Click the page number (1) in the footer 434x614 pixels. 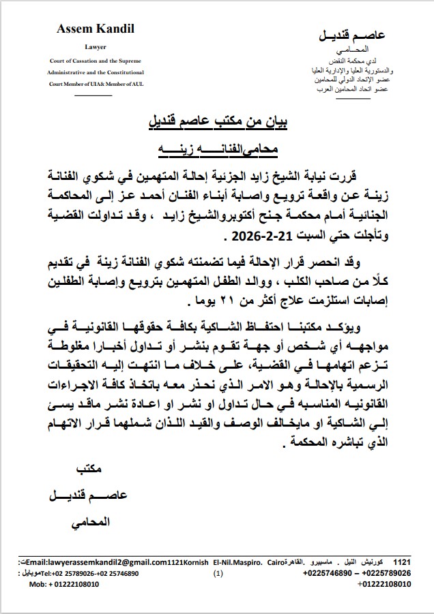(218, 574)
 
